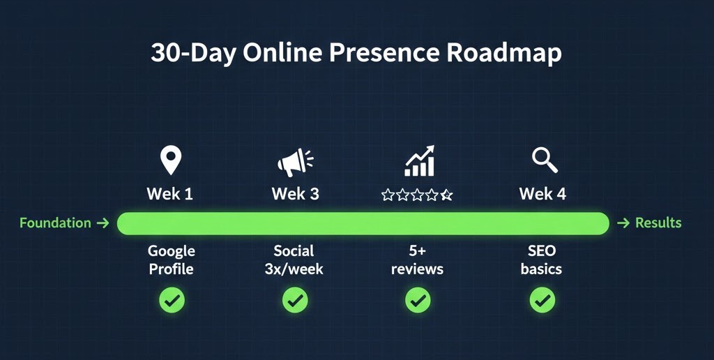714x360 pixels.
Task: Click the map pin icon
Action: pyautogui.click(x=170, y=160)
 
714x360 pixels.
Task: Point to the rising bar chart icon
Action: pyautogui.click(x=420, y=161)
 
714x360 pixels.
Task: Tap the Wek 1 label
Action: pyautogui.click(x=169, y=194)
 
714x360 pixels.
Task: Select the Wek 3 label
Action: pyautogui.click(x=295, y=194)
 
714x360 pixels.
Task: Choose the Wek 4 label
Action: pyautogui.click(x=542, y=194)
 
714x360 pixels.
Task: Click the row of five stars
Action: pyautogui.click(x=417, y=195)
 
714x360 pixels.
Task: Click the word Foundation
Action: pyautogui.click(x=55, y=223)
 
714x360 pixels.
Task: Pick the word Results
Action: pyautogui.click(x=658, y=223)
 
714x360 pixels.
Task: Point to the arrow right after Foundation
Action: pyautogui.click(x=102, y=223)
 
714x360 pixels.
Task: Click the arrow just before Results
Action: pyautogui.click(x=623, y=223)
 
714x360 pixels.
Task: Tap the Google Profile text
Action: pyautogui.click(x=172, y=260)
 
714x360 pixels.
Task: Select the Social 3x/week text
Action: pyautogui.click(x=294, y=260)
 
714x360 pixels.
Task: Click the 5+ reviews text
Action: pyautogui.click(x=417, y=260)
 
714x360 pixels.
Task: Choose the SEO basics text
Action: pyautogui.click(x=541, y=260)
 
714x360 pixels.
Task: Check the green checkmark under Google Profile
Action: pyautogui.click(x=172, y=301)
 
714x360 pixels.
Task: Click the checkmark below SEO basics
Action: pyautogui.click(x=542, y=301)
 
